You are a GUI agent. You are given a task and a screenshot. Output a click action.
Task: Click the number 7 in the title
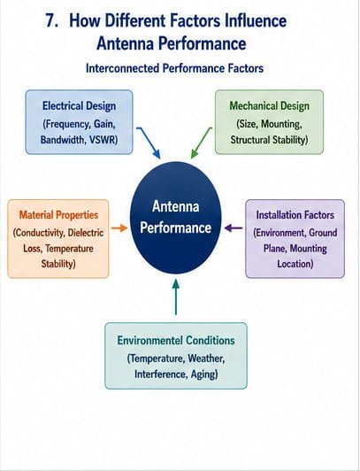pyautogui.click(x=50, y=21)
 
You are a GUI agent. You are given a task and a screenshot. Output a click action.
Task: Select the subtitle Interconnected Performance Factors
pyautogui.click(x=174, y=68)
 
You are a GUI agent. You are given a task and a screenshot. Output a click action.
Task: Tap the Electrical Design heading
pyautogui.click(x=79, y=106)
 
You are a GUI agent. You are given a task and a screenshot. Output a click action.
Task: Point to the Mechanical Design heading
pyautogui.click(x=269, y=106)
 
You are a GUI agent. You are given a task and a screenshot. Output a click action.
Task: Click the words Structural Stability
pyautogui.click(x=269, y=140)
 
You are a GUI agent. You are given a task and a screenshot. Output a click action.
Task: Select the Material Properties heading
pyautogui.click(x=58, y=215)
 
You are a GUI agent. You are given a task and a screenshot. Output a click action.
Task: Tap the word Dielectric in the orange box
pyautogui.click(x=86, y=233)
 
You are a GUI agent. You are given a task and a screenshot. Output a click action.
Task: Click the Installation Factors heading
pyautogui.click(x=295, y=215)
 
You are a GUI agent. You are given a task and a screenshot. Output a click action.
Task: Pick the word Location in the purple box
pyautogui.click(x=295, y=264)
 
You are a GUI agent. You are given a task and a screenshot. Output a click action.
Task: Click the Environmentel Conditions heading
pyautogui.click(x=176, y=341)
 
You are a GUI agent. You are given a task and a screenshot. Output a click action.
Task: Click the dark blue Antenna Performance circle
pyautogui.click(x=176, y=218)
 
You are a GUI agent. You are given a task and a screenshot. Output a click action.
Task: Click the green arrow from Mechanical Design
pyautogui.click(x=202, y=143)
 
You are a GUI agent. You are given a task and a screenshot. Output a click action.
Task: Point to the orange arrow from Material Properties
pyautogui.click(x=119, y=228)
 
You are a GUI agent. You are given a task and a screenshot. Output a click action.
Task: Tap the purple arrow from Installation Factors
pyautogui.click(x=234, y=228)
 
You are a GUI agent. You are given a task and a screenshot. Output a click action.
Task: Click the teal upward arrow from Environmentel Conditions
pyautogui.click(x=176, y=297)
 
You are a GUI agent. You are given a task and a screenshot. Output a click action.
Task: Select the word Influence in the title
pyautogui.click(x=256, y=21)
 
